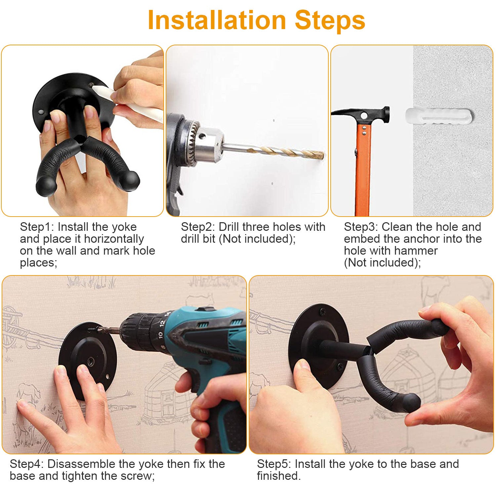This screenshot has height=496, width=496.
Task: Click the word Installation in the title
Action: click(x=217, y=21)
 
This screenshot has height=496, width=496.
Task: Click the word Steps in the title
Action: click(x=330, y=21)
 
